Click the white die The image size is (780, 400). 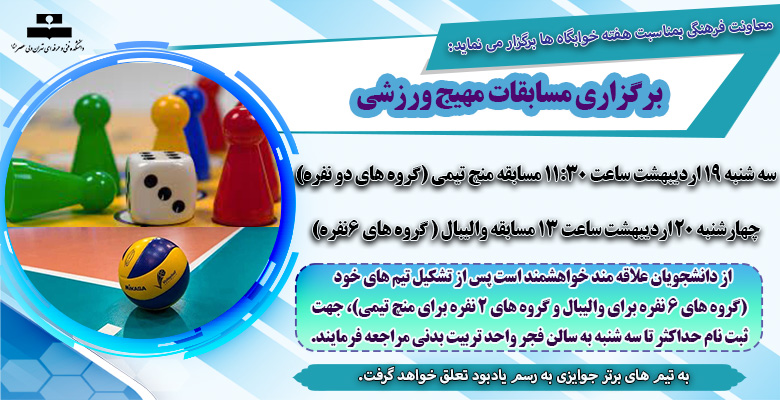161,188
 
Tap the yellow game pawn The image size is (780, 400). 170,124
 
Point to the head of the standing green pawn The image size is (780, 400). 92,107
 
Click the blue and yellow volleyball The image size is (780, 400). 154,273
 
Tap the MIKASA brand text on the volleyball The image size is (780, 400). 134,287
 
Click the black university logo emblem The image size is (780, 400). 46,27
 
